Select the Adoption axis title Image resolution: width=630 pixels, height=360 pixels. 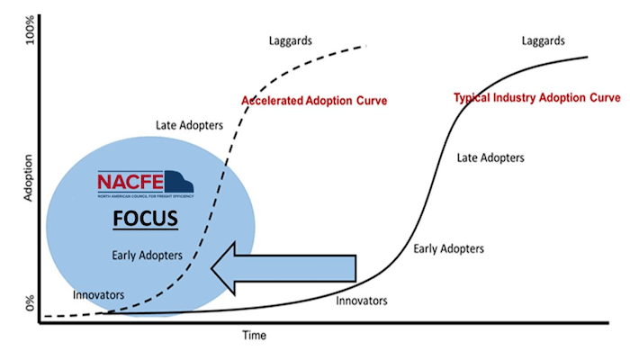[x=27, y=171]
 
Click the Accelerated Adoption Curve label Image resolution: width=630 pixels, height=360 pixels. [x=314, y=101]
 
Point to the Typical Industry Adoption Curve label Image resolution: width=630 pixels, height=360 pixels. [x=536, y=96]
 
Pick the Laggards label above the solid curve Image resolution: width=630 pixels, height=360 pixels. [x=544, y=41]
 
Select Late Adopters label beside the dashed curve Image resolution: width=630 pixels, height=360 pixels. [x=189, y=125]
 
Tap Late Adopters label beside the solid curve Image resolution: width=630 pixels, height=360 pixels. [x=490, y=157]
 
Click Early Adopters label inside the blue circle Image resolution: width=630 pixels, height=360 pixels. [x=148, y=256]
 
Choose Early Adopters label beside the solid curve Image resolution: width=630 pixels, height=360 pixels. [x=448, y=248]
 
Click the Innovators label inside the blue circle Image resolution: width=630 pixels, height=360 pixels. [x=99, y=293]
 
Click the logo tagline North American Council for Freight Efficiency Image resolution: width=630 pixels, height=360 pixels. [x=145, y=197]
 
